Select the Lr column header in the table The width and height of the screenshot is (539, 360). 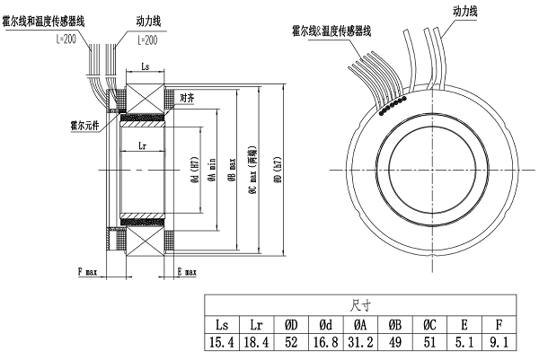coord(258,324)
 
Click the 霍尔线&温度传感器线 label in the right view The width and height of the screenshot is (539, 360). coord(338,31)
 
